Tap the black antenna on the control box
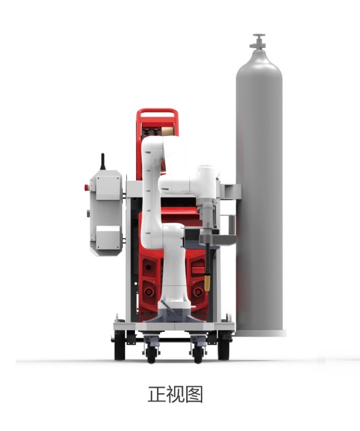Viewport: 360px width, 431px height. click(x=102, y=161)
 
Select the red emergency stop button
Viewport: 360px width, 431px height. click(x=86, y=188)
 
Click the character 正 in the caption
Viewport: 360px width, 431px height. click(x=157, y=394)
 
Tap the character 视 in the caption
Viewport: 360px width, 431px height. click(x=175, y=394)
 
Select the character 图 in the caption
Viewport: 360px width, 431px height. click(x=194, y=394)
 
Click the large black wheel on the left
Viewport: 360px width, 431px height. click(x=119, y=345)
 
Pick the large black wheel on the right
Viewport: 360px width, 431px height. click(x=223, y=345)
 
